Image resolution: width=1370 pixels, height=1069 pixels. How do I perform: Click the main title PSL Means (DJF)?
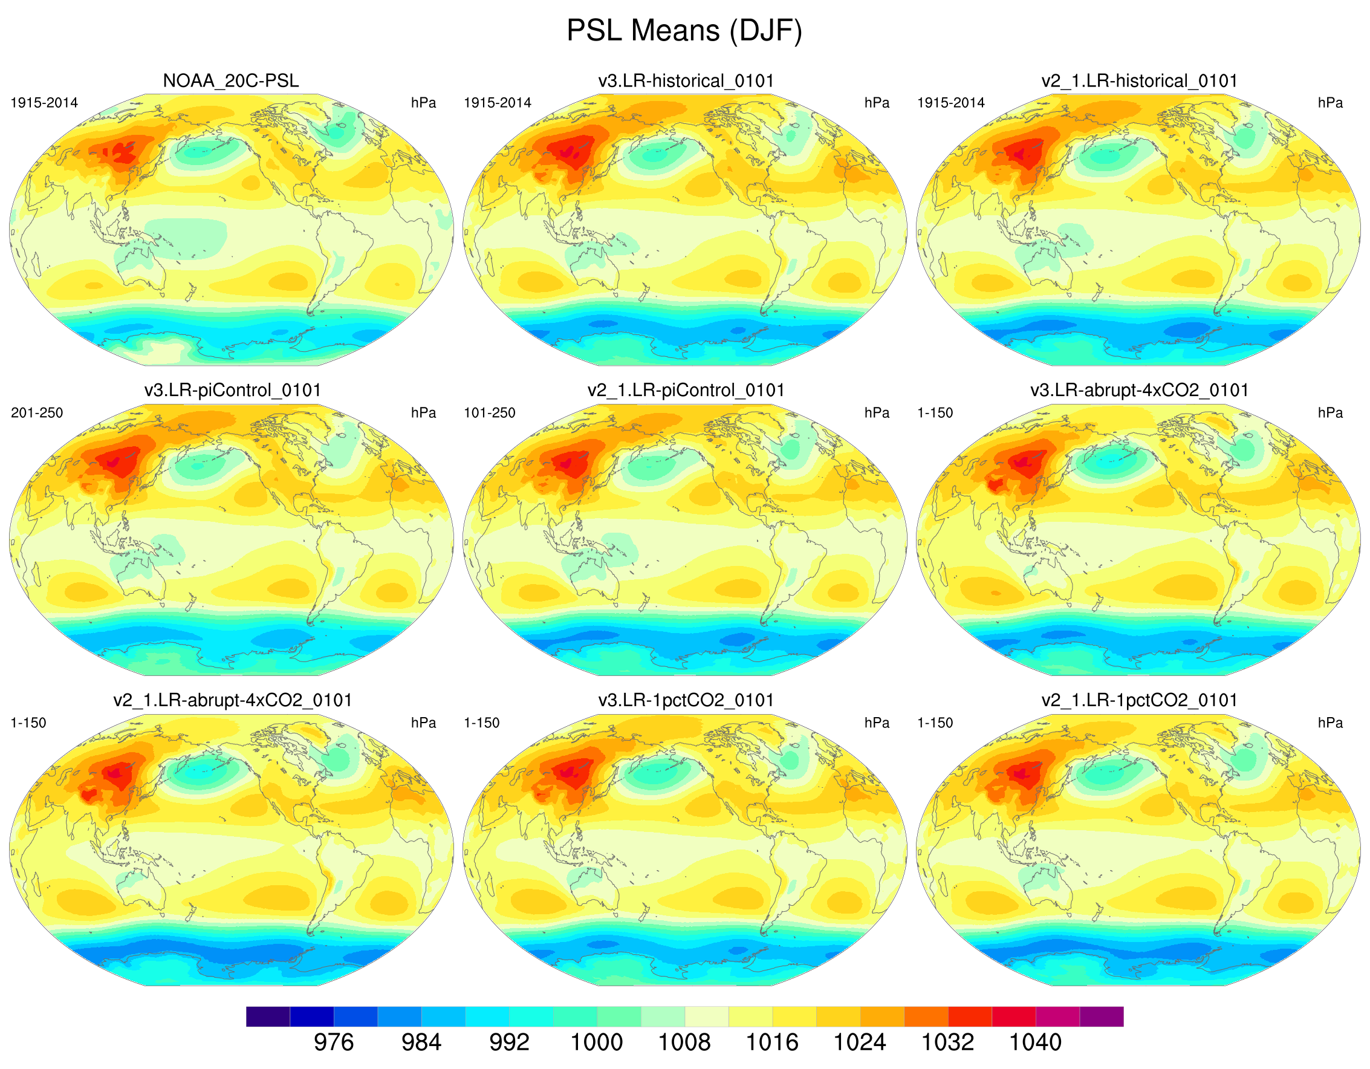coord(684,30)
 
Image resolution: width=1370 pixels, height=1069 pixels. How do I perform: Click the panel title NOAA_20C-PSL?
coord(231,81)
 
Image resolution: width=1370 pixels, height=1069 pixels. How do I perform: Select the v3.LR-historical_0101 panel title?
coord(686,81)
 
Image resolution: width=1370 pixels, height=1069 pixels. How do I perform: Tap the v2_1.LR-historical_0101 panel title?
coord(1139,81)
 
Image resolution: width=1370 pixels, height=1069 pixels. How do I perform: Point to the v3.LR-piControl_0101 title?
coord(233,390)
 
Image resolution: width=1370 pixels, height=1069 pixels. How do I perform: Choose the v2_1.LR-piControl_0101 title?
coord(686,390)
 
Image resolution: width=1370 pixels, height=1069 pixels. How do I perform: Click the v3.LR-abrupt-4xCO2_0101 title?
coord(1139,390)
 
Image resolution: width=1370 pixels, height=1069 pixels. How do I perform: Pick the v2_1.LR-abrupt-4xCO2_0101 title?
coord(233,700)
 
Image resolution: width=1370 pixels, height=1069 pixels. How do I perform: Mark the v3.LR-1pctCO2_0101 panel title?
coord(686,700)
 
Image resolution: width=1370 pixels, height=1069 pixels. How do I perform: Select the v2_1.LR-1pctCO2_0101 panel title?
coord(1139,700)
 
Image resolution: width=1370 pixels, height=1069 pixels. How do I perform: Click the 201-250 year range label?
coord(37,413)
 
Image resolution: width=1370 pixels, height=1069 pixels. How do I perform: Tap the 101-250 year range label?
coord(489,413)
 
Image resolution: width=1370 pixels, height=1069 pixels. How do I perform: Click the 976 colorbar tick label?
coord(334,1042)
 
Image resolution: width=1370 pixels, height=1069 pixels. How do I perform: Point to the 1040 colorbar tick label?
coord(1035,1042)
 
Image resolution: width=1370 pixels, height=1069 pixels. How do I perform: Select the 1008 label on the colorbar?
coord(684,1042)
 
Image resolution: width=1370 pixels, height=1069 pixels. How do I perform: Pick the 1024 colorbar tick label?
coord(859,1042)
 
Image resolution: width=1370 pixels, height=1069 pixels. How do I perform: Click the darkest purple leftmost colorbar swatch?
coord(268,1016)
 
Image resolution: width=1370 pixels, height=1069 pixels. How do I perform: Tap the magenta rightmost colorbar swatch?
coord(1101,1016)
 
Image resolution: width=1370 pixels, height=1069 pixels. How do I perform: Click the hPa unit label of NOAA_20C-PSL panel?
coord(423,103)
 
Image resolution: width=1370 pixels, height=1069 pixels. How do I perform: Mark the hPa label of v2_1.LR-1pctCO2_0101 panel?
coord(1330,723)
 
